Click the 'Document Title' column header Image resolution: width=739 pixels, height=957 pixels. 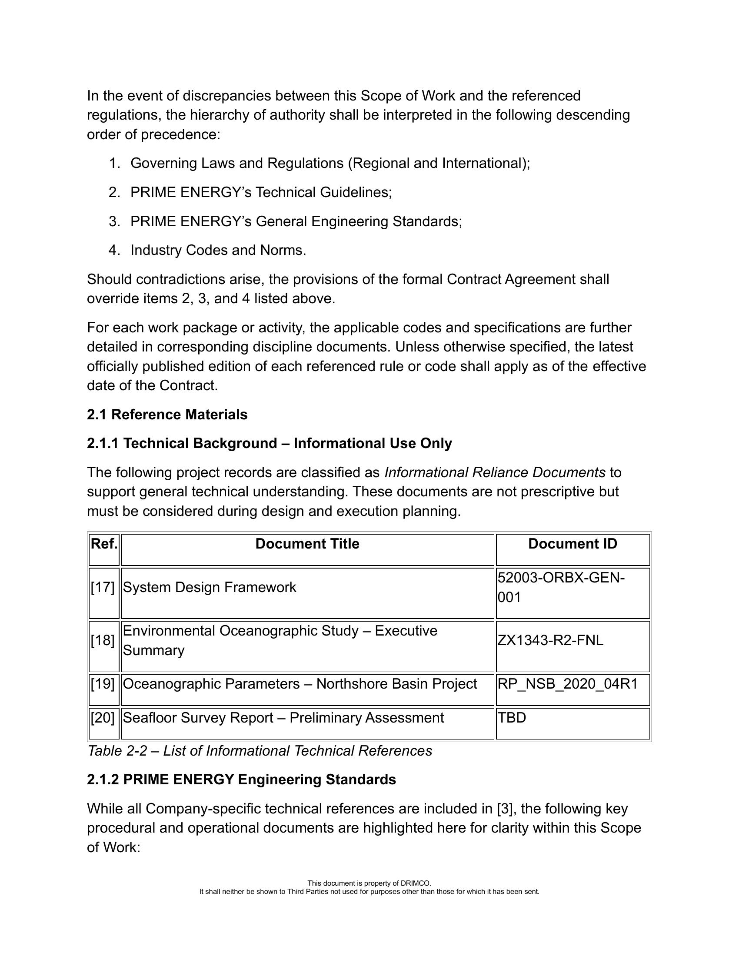(307, 544)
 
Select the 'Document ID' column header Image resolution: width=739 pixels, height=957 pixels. (572, 544)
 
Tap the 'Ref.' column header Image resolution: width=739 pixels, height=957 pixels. (104, 544)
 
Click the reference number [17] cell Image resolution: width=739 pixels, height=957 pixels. (103, 587)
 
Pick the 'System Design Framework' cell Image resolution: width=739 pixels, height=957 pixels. (209, 587)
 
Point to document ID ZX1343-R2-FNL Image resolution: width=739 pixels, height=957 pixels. (550, 640)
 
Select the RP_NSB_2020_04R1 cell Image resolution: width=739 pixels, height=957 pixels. (568, 684)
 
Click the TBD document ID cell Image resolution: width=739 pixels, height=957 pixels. (512, 718)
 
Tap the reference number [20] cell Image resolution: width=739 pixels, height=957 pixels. (103, 718)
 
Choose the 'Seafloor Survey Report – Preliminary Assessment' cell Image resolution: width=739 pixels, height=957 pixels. (283, 718)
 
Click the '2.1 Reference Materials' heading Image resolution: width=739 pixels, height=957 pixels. (167, 415)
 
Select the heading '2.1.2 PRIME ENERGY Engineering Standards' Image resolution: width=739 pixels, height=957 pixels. (241, 780)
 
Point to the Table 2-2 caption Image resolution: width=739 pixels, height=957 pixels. (260, 751)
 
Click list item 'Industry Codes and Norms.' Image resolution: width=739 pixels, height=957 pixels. (218, 250)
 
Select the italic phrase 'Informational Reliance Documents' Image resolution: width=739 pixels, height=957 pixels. (495, 472)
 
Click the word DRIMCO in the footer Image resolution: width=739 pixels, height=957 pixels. (419, 883)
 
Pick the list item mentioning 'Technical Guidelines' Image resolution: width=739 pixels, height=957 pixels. (261, 192)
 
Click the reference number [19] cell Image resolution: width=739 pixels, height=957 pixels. (103, 684)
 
